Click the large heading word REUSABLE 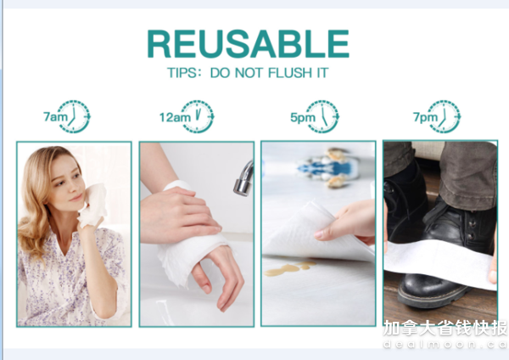249,44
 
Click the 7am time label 55,116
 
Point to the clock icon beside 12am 198,116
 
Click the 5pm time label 303,117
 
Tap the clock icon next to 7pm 444,116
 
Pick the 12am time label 175,117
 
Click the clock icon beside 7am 74,116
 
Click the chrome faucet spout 243,179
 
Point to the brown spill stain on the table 289,268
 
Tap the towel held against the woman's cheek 92,205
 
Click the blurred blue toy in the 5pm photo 328,168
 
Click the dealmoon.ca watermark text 445,345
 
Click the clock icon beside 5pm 322,116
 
